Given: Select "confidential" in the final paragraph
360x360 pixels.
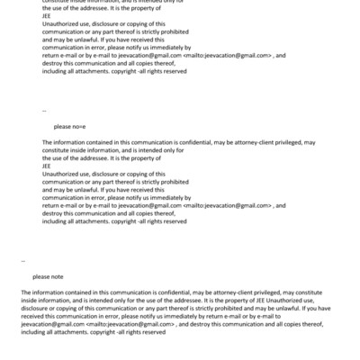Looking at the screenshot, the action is click(x=165, y=292).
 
